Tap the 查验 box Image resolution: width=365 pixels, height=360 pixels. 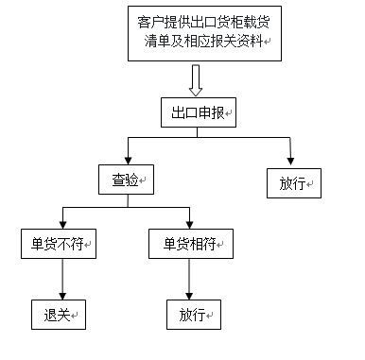(x=126, y=179)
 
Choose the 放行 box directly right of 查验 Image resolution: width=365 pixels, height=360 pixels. (x=293, y=181)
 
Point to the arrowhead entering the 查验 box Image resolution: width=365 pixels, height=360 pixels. (x=128, y=159)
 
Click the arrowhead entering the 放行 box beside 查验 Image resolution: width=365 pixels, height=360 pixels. (x=292, y=160)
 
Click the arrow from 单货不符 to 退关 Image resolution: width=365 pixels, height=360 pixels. (x=62, y=279)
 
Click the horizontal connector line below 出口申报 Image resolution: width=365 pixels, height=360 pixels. (x=210, y=139)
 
